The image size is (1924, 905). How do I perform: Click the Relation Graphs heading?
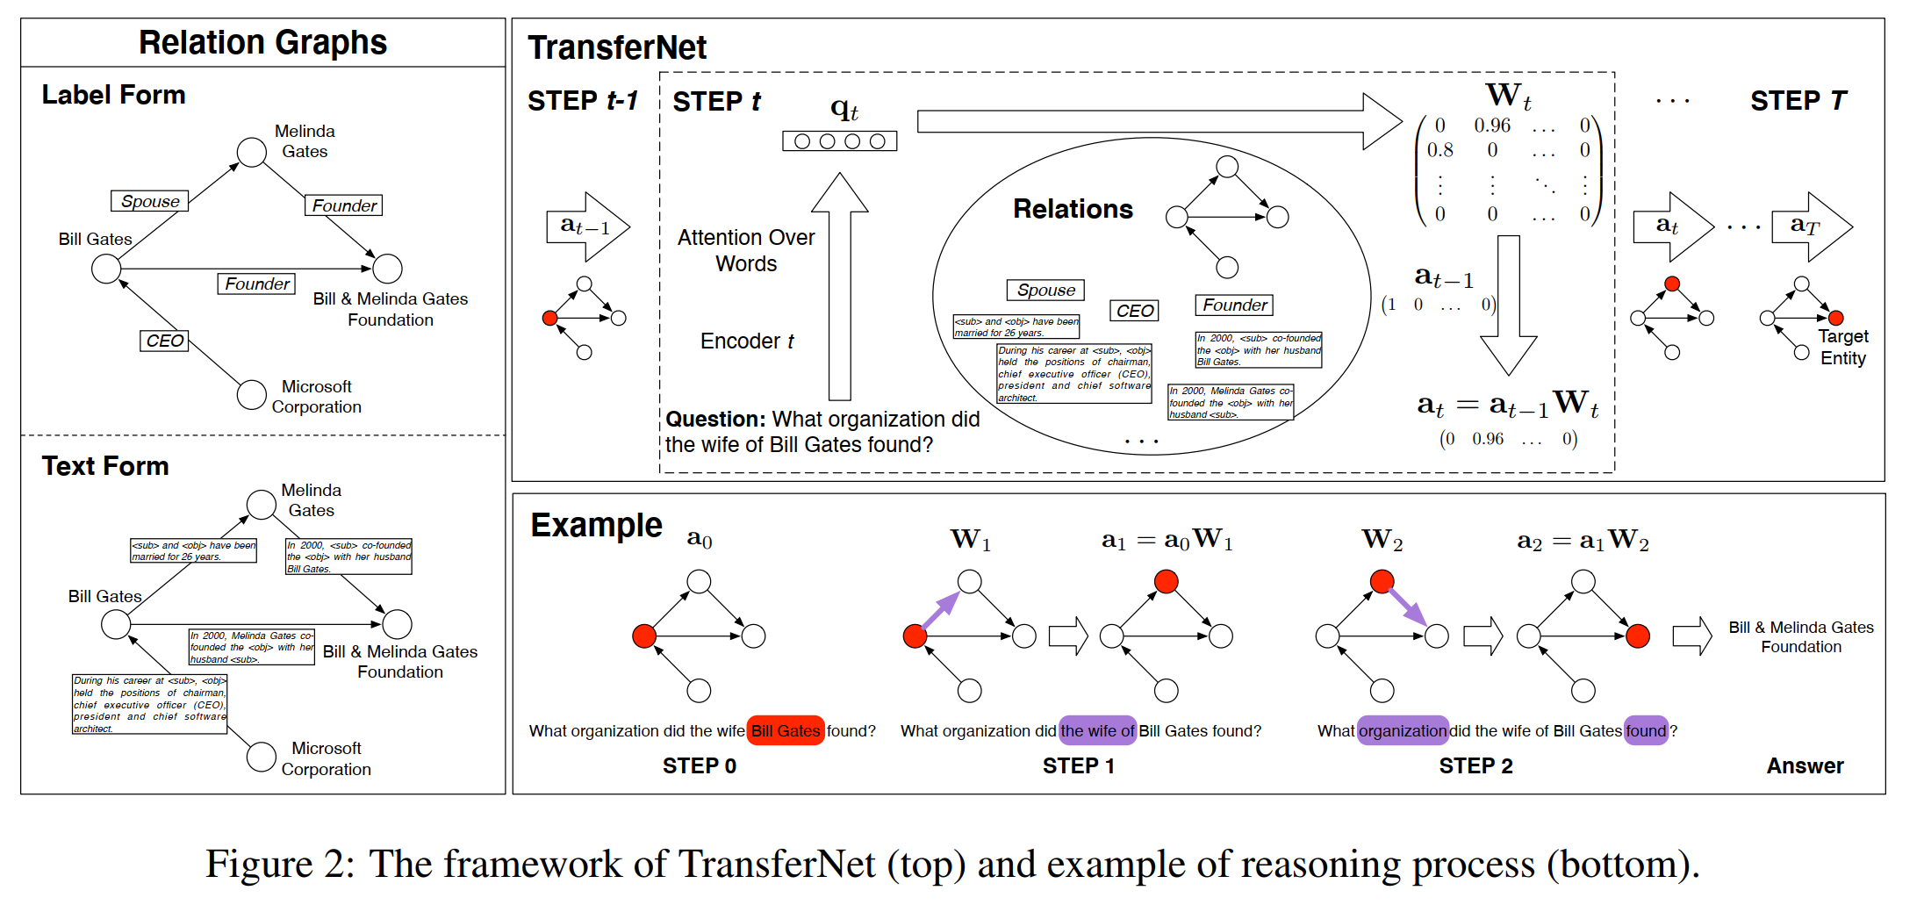(262, 42)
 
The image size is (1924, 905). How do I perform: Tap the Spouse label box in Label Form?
(150, 201)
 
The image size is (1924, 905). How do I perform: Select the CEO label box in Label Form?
(165, 341)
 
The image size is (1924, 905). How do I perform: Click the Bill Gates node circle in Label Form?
(106, 269)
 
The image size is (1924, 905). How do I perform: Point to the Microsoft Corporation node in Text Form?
(262, 757)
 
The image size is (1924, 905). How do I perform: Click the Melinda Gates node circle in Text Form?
(262, 505)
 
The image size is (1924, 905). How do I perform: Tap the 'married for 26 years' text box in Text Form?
(193, 550)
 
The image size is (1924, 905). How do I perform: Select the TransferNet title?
(617, 47)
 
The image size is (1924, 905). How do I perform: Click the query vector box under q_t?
(839, 141)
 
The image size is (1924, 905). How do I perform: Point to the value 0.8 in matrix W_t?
(1439, 150)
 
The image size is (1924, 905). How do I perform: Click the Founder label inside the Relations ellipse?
(1234, 305)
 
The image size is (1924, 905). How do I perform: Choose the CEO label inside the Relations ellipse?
(1134, 311)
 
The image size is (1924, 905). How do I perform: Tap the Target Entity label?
(1842, 348)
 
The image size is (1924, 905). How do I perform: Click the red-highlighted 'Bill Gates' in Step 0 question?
(786, 730)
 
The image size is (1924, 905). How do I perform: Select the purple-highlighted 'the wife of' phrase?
(1097, 730)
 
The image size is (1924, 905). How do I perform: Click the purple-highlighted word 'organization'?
(1403, 730)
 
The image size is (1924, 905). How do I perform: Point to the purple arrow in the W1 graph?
(940, 608)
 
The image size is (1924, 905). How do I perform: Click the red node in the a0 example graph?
(644, 636)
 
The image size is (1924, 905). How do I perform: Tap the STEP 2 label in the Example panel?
(1475, 766)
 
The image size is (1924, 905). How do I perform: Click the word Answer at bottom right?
(1805, 766)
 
